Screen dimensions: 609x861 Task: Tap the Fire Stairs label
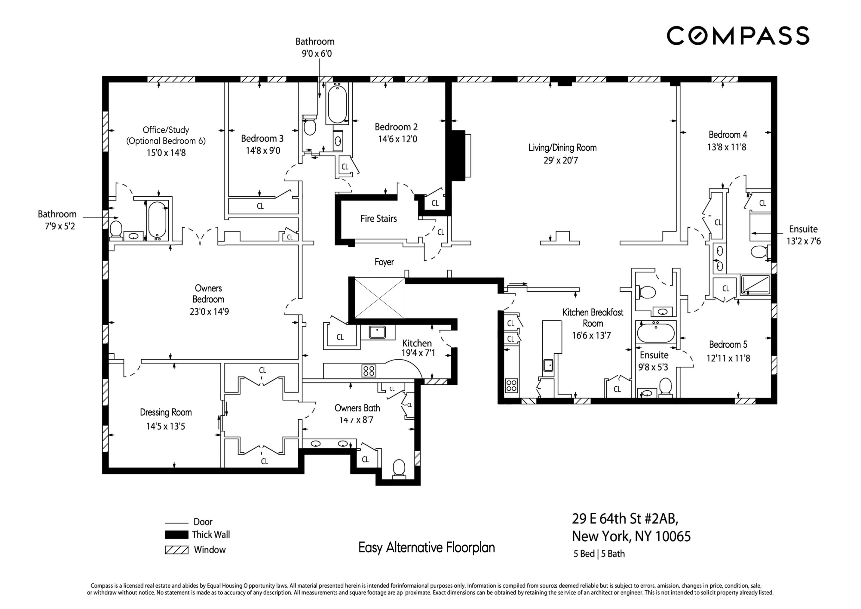point(378,218)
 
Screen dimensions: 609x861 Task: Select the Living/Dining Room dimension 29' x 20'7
point(561,161)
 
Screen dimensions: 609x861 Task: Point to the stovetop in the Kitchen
point(369,371)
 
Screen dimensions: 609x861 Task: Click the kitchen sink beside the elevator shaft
point(377,332)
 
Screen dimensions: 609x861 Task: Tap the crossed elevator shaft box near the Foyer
point(379,298)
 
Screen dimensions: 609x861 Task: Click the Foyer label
point(384,262)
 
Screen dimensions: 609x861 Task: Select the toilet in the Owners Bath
point(399,469)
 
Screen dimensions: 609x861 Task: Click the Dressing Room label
point(166,412)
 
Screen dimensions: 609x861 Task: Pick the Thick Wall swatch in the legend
point(177,534)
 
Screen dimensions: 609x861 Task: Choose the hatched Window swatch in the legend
point(177,550)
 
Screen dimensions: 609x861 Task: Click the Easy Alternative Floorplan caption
point(426,547)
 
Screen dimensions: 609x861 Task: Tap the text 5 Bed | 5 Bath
point(599,554)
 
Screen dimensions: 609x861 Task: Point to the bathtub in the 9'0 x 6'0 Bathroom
point(337,103)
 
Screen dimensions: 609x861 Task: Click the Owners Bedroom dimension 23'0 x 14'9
point(209,312)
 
